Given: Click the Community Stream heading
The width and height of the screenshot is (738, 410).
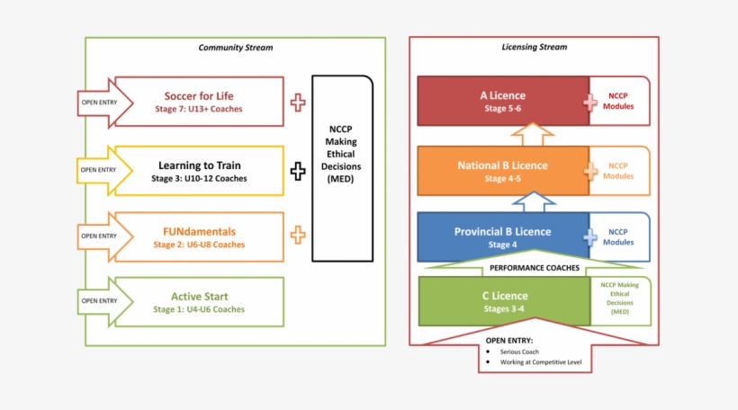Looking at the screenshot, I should pyautogui.click(x=235, y=48).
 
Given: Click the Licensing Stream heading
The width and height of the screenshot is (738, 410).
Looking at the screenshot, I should pyautogui.click(x=534, y=48).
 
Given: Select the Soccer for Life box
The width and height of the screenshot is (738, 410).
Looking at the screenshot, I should pyautogui.click(x=202, y=102).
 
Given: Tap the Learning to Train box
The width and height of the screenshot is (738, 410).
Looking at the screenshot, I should pyautogui.click(x=199, y=171).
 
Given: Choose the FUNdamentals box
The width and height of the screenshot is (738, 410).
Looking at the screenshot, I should pyautogui.click(x=199, y=237).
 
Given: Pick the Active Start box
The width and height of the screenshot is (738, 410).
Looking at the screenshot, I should pyautogui.click(x=199, y=302).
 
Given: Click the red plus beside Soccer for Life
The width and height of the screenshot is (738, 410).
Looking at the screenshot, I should pyautogui.click(x=298, y=102).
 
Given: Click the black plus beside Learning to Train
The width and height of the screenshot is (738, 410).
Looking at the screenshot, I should pyautogui.click(x=298, y=171).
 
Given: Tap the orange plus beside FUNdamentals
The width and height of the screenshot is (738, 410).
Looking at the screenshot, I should pyautogui.click(x=298, y=236).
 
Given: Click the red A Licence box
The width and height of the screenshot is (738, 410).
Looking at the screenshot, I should pyautogui.click(x=502, y=101).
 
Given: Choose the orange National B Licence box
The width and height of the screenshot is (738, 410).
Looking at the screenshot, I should pyautogui.click(x=502, y=171).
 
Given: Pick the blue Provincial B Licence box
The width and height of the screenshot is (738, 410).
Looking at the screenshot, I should pyautogui.click(x=502, y=237).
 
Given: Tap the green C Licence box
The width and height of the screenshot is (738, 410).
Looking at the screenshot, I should pyautogui.click(x=504, y=301).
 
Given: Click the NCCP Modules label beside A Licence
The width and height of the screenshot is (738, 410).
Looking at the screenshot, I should pyautogui.click(x=620, y=101).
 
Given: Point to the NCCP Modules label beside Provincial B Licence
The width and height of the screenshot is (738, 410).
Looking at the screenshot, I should pyautogui.click(x=620, y=237).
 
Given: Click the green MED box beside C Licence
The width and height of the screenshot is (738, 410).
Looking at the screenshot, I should pyautogui.click(x=619, y=300).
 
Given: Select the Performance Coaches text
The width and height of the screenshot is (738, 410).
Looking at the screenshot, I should pyautogui.click(x=533, y=268).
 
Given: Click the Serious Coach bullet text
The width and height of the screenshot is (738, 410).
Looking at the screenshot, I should pyautogui.click(x=521, y=352).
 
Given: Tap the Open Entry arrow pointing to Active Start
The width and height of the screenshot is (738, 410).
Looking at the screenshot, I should pyautogui.click(x=100, y=301).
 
